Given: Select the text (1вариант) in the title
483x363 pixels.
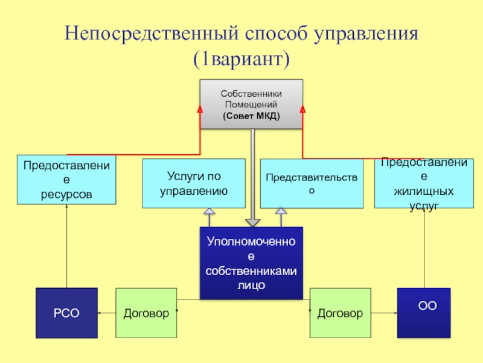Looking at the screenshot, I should (x=241, y=59).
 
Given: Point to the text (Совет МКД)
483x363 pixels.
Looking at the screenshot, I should (x=251, y=116).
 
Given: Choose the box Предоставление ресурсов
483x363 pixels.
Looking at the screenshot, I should (x=66, y=179).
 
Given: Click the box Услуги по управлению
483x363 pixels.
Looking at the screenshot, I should (x=194, y=183).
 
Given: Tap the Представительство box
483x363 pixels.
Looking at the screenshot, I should (x=312, y=183).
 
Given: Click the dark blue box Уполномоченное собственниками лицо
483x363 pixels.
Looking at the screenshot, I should (x=251, y=263).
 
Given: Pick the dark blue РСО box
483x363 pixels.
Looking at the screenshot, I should (x=66, y=313).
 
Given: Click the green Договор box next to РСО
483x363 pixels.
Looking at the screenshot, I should (x=146, y=313).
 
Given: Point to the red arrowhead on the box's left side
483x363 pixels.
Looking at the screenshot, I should (x=201, y=109).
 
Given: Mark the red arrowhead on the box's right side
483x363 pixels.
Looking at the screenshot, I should (x=302, y=109).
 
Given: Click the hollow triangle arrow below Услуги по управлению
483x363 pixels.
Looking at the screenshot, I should (x=209, y=212).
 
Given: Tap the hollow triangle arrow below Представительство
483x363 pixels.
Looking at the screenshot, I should (x=281, y=212).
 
